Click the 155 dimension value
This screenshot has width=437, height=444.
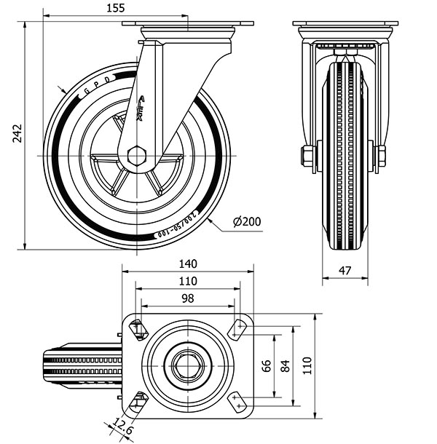pyautogui.click(x=115, y=8)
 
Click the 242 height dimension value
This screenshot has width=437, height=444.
pyautogui.click(x=17, y=132)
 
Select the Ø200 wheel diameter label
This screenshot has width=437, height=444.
pyautogui.click(x=247, y=222)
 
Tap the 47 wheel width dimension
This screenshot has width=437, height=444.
pyautogui.click(x=345, y=270)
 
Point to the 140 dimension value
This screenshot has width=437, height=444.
pyautogui.click(x=188, y=264)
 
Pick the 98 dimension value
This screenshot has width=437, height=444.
pyautogui.click(x=188, y=298)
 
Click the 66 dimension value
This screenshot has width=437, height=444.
pyautogui.click(x=267, y=366)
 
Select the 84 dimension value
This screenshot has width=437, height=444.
pyautogui.click(x=286, y=366)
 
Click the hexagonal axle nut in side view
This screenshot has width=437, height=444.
pyautogui.click(x=137, y=156)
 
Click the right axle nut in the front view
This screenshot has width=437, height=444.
pyautogui.click(x=379, y=156)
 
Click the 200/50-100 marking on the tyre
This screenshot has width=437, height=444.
pyautogui.click(x=179, y=229)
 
